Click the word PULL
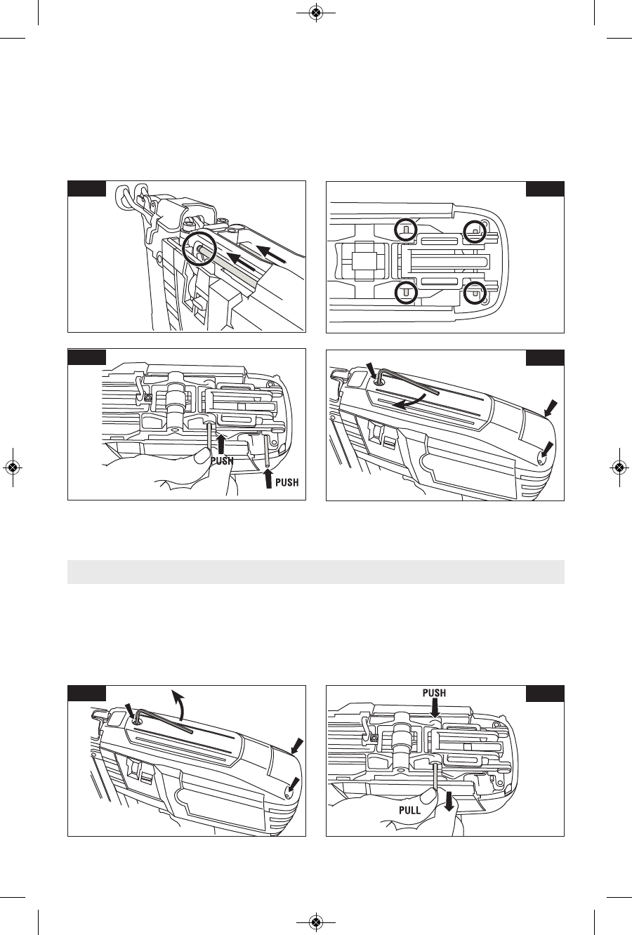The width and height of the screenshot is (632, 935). coord(409,810)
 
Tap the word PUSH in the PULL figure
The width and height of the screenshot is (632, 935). coord(434,693)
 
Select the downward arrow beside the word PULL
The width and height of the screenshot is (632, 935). coord(449,803)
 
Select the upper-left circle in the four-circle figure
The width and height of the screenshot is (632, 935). coord(404,229)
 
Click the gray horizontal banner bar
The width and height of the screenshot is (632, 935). coord(316,571)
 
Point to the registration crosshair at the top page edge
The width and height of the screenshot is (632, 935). coord(316,13)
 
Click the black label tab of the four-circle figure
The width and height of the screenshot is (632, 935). coord(545,188)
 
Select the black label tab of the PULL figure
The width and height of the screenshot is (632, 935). coord(545,694)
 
